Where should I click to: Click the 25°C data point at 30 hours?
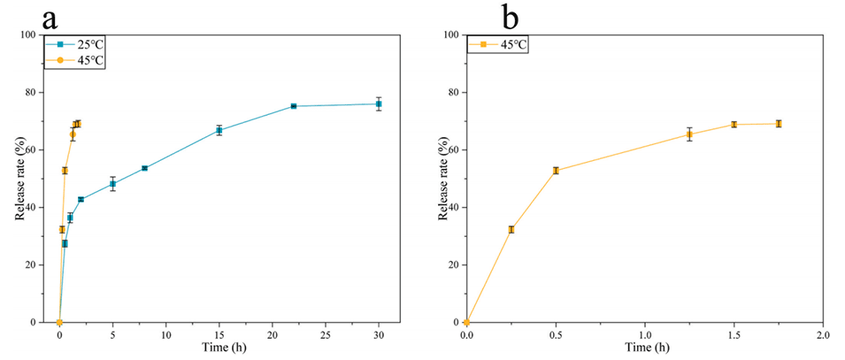(x=379, y=103)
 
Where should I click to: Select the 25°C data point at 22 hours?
(x=293, y=106)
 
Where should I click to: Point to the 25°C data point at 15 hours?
(x=219, y=130)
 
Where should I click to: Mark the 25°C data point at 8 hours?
(x=144, y=168)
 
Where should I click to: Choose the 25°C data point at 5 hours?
(x=112, y=184)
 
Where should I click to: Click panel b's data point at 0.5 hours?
(x=556, y=171)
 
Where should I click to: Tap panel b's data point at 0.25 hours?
(x=511, y=229)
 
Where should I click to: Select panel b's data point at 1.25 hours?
(x=689, y=134)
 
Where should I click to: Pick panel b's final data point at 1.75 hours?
(x=779, y=124)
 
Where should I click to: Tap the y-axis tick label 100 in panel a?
(x=27, y=35)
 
